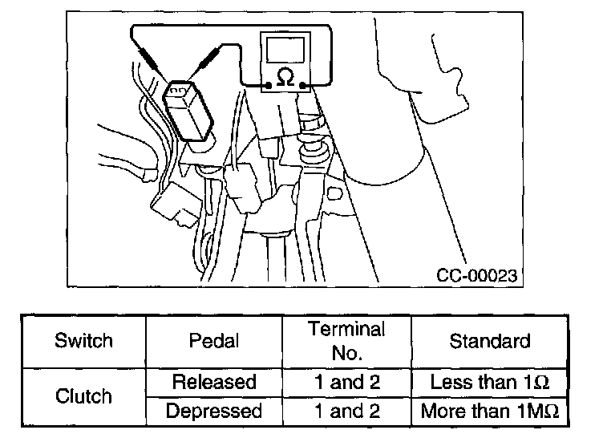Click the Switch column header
click(83, 341)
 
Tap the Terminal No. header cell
click(346, 341)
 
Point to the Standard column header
click(489, 341)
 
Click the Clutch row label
click(83, 396)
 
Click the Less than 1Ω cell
click(489, 382)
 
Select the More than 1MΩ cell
click(489, 412)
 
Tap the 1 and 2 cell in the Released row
click(346, 382)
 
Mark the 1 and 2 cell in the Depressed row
click(346, 412)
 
